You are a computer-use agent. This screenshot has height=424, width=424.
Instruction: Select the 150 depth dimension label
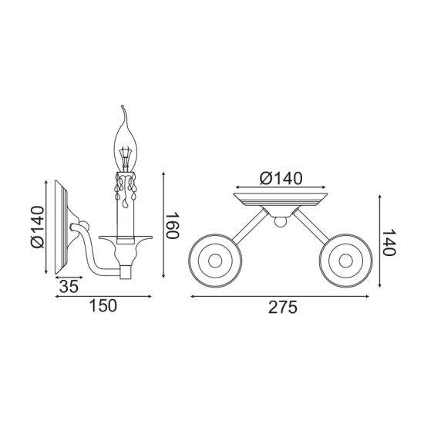click(102, 305)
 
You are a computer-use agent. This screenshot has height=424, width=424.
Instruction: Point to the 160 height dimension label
click(172, 224)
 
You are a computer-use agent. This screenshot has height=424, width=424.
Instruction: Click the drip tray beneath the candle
click(123, 241)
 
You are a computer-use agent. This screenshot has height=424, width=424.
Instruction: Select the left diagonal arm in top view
click(248, 227)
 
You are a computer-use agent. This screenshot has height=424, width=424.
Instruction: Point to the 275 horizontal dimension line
click(282, 294)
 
